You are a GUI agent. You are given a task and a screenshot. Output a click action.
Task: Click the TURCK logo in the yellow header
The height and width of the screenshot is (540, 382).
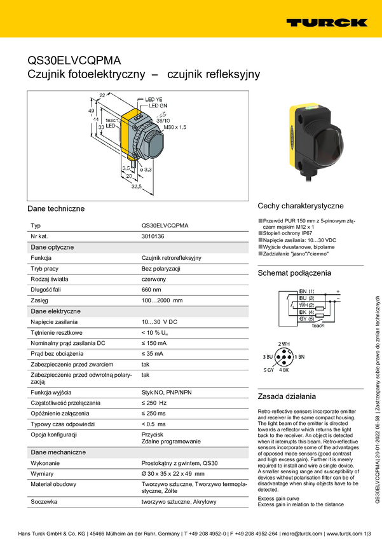[x=326, y=22]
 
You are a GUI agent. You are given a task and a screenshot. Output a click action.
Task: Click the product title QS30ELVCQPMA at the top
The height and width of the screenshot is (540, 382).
[x=74, y=61]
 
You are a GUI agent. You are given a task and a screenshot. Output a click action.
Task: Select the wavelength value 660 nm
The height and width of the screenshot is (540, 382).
[x=152, y=290]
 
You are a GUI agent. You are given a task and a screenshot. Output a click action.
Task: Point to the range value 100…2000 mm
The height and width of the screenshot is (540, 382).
[x=161, y=300]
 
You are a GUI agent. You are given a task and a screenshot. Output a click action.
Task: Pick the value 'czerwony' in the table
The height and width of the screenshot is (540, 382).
[x=154, y=279]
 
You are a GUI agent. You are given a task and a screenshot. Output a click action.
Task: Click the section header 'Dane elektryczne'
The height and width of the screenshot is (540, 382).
[x=55, y=311]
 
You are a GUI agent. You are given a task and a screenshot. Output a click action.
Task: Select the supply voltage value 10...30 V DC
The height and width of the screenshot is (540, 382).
[x=160, y=322]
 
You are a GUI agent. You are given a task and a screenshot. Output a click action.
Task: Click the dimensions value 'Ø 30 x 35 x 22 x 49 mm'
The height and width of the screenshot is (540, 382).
[x=173, y=474]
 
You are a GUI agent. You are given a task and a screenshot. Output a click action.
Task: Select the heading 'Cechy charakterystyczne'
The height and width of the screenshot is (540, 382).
[x=300, y=206]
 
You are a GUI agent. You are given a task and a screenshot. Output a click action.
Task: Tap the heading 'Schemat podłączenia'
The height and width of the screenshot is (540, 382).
[x=294, y=273]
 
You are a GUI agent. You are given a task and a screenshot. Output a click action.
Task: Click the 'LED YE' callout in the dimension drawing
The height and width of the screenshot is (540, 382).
[x=154, y=100]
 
